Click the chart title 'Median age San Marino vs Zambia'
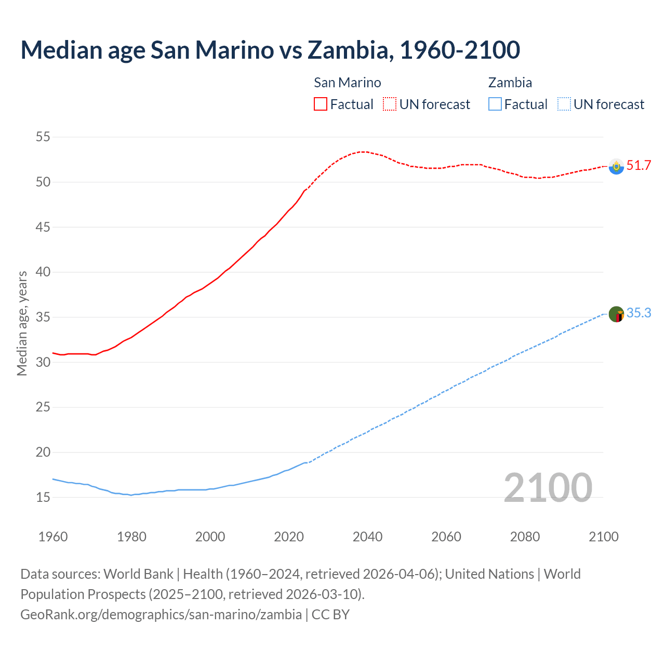point(270,50)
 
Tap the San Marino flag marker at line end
point(616,166)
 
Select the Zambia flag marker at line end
point(616,314)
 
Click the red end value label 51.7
point(639,166)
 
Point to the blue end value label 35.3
point(639,313)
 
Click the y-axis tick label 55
point(43,137)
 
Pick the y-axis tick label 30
point(43,362)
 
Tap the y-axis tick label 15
point(43,497)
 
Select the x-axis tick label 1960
point(53,537)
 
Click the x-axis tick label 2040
point(367,537)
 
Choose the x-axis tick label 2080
point(525,537)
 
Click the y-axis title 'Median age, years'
point(22,323)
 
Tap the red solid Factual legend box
point(321,104)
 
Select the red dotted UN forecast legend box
point(390,104)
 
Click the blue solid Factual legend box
point(495,104)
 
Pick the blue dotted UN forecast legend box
point(564,104)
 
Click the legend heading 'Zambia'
point(510,83)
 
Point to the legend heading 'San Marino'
point(347,83)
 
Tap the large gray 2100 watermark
point(548,488)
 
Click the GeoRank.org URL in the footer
point(161,615)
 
